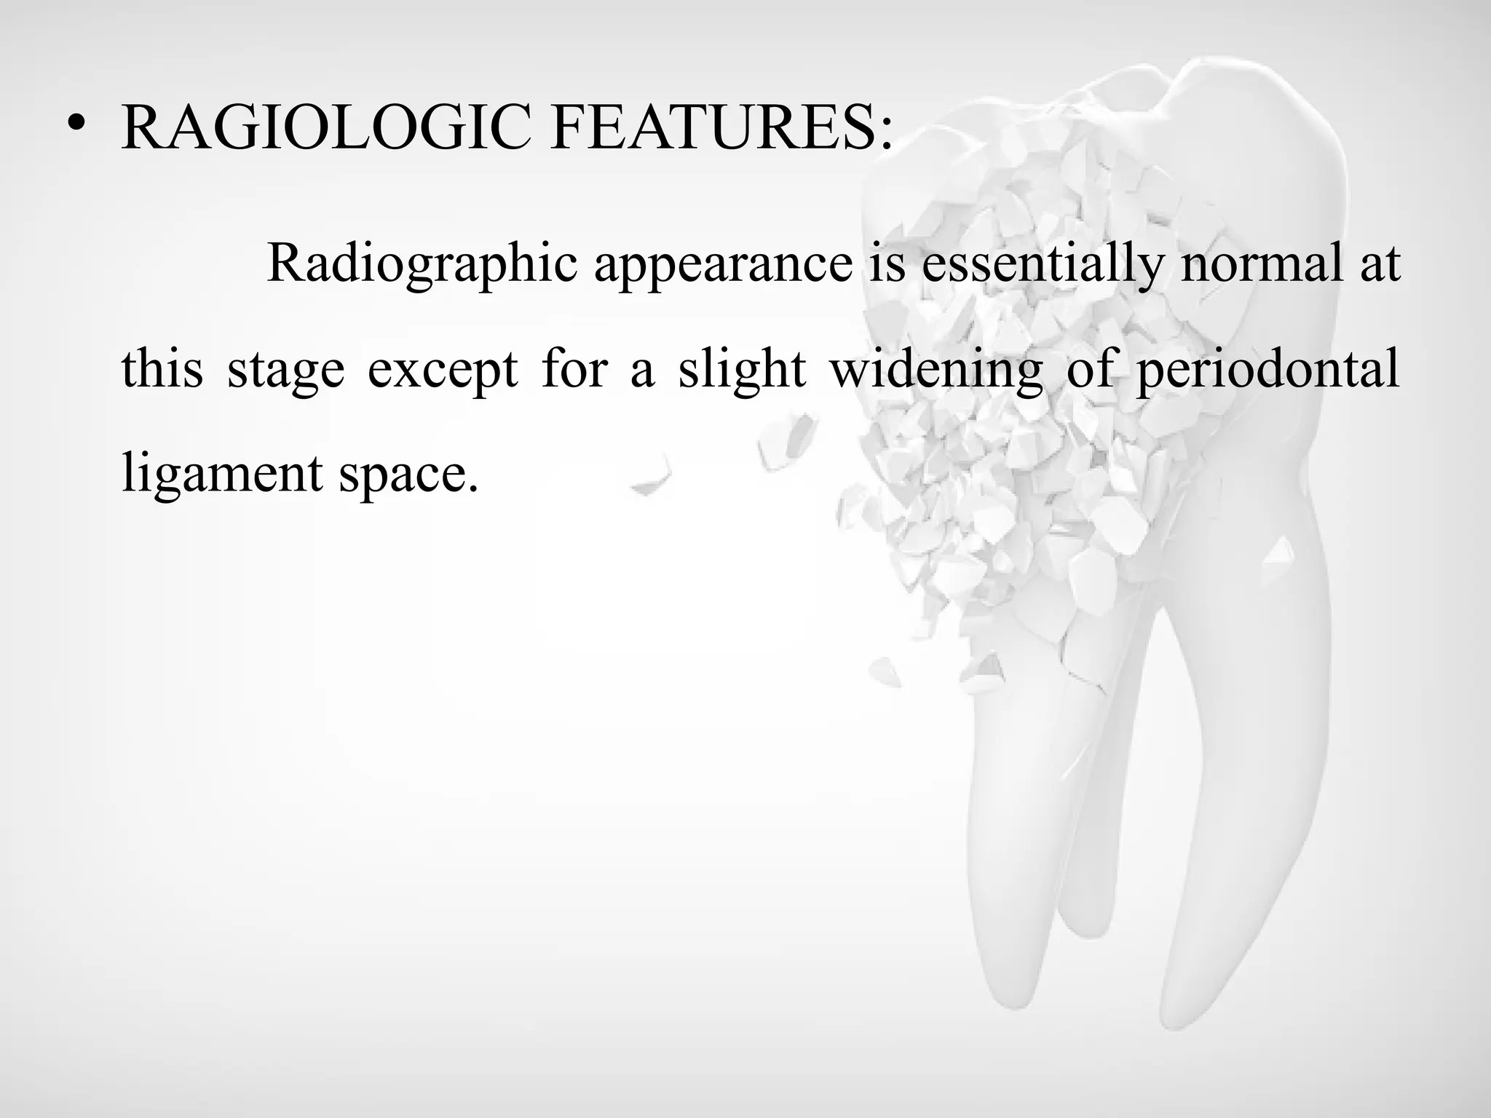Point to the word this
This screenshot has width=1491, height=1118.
[x=162, y=368]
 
